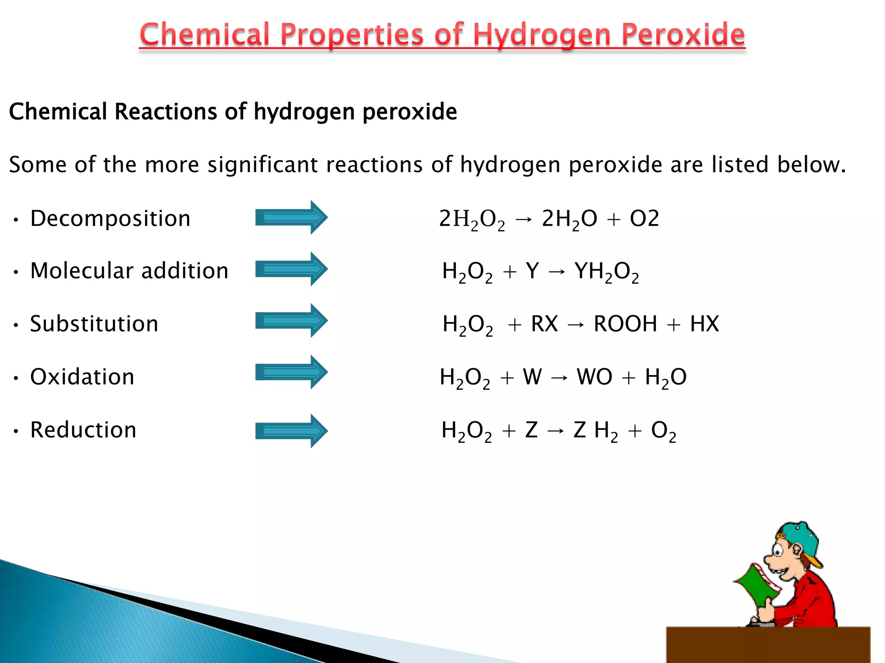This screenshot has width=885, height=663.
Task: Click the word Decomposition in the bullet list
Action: [x=110, y=218]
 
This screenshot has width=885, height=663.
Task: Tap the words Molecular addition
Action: [x=129, y=271]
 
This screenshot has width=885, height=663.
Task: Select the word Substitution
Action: [x=94, y=324]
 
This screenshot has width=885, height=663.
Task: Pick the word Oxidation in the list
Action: [x=82, y=377]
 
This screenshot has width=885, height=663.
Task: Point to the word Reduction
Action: [x=83, y=430]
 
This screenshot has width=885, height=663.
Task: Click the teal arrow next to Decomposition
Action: [x=291, y=218]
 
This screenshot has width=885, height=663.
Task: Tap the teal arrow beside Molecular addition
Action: [x=291, y=269]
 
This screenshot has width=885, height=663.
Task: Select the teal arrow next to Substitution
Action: [x=291, y=321]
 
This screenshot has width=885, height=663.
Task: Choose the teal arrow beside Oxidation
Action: [x=291, y=372]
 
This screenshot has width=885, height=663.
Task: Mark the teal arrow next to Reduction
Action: [x=291, y=431]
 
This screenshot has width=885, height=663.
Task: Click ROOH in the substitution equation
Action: [x=625, y=324]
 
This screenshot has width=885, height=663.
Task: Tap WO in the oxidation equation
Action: [x=595, y=377]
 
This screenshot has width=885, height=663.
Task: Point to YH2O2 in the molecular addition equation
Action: [x=606, y=272]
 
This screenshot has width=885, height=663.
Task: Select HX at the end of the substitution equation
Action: [x=704, y=324]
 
